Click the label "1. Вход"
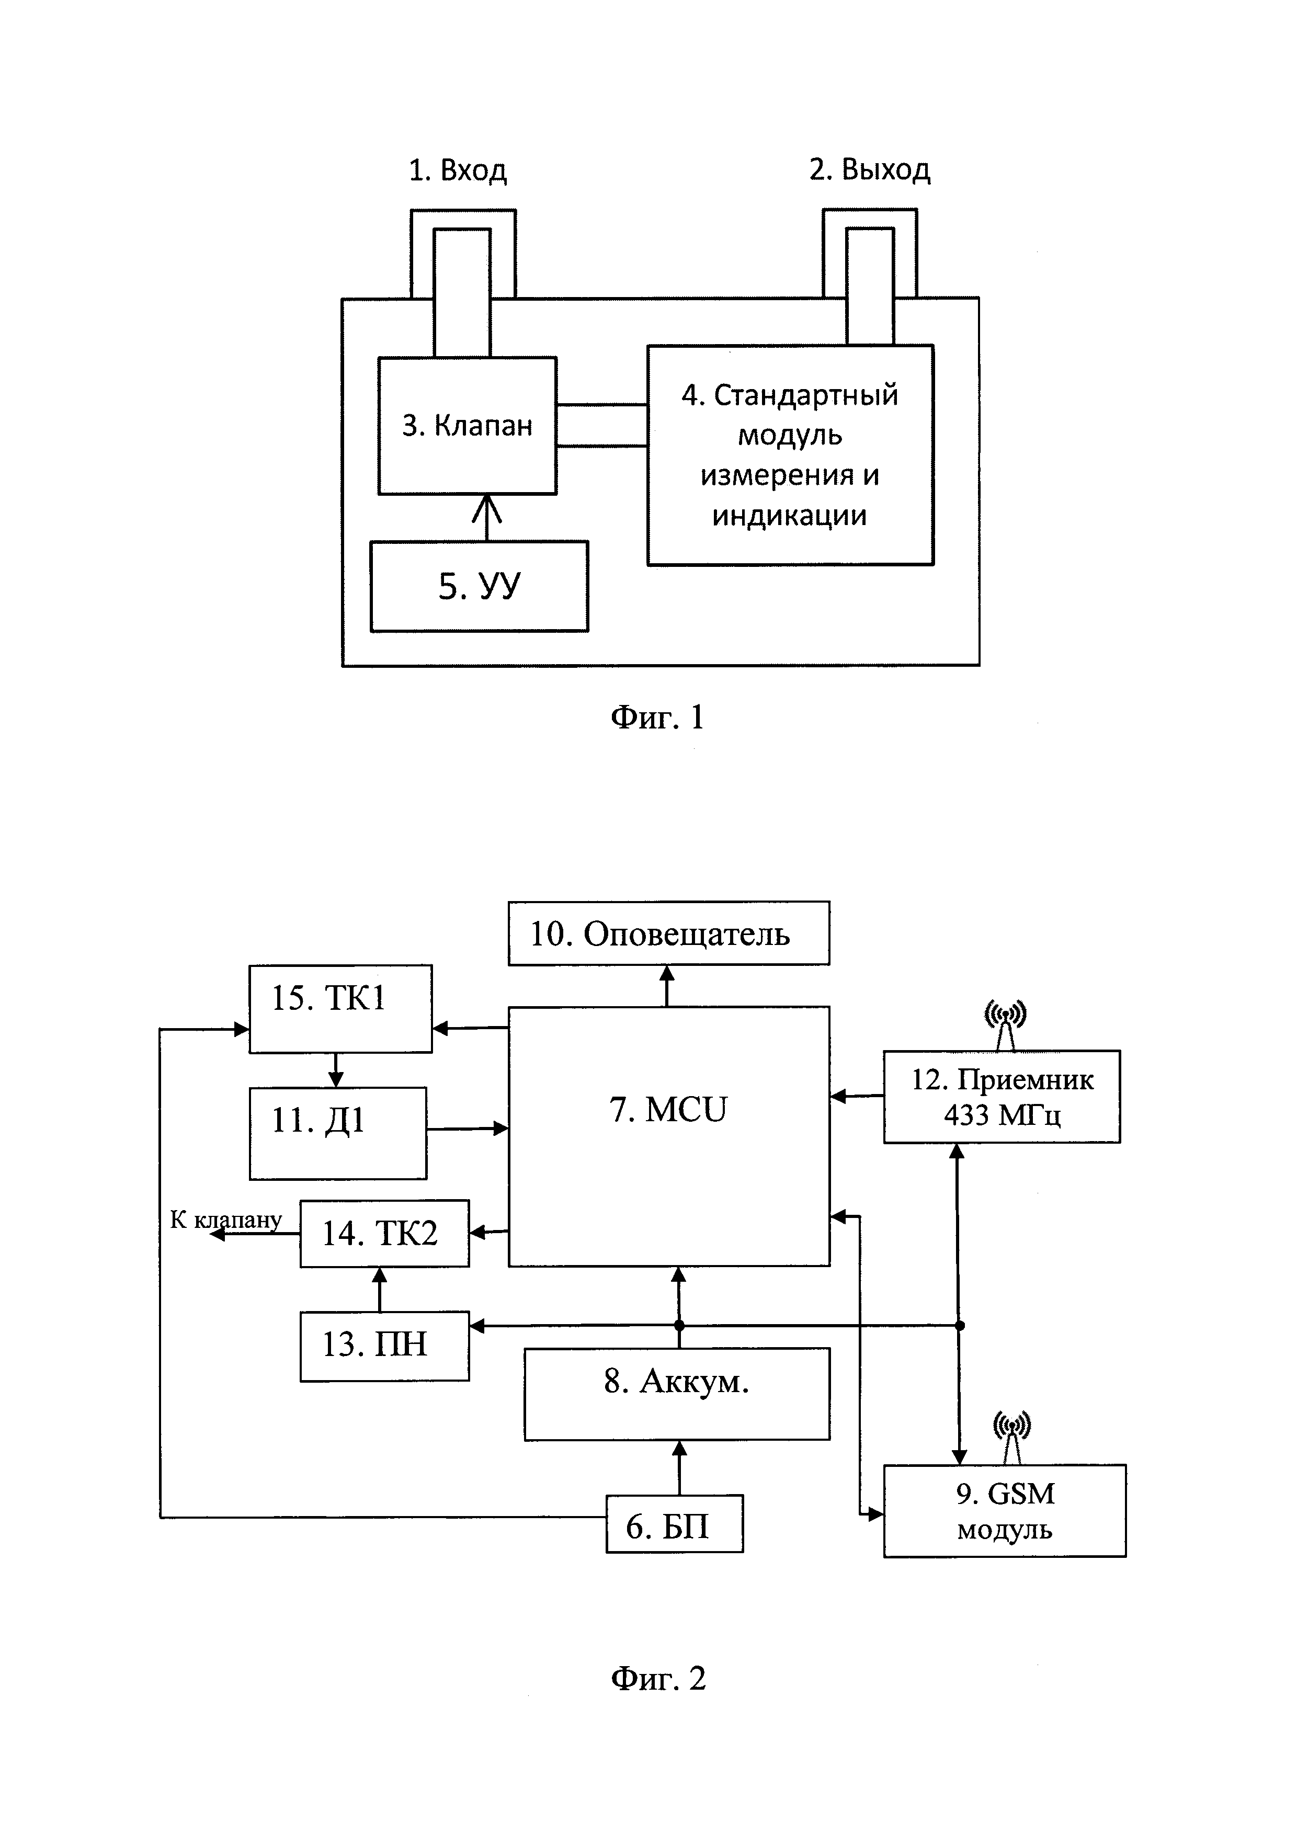(458, 170)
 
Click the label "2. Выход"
(870, 170)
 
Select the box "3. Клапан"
(467, 426)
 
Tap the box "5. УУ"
(479, 586)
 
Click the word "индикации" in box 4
(789, 516)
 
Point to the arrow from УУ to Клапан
(486, 518)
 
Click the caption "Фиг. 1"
(657, 717)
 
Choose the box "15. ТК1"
(340, 1009)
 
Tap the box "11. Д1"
(338, 1133)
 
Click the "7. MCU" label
(668, 1110)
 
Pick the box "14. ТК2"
(384, 1233)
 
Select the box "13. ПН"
(384, 1346)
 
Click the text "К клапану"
(226, 1220)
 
